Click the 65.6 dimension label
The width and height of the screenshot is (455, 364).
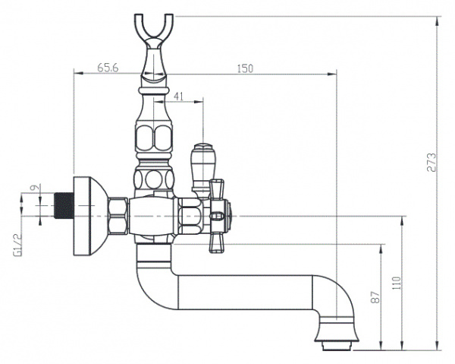coord(108,68)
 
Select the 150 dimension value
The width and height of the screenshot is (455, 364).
coord(245,69)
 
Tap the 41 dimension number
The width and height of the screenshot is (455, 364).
coord(178,97)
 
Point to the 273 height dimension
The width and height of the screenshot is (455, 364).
coord(431,162)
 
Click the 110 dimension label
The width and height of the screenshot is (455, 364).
coord(397,283)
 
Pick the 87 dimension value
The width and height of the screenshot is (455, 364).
coord(375,297)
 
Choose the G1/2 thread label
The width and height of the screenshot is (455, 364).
coord(17,245)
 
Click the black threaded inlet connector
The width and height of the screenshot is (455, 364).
coord(64,205)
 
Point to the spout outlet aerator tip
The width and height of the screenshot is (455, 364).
coord(336,347)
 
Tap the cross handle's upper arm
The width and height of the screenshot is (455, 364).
coord(217,189)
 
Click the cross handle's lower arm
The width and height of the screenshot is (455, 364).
coord(217,242)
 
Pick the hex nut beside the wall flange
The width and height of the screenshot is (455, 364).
coord(118,216)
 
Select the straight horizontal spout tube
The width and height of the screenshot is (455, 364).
coord(245,293)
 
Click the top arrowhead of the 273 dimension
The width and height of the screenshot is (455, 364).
coord(438,21)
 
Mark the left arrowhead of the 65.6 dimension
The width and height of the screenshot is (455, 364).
coord(78,73)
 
